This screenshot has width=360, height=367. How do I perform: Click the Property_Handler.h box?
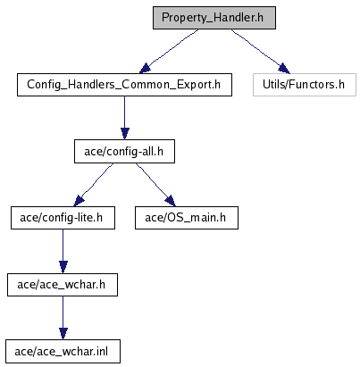coord(214,18)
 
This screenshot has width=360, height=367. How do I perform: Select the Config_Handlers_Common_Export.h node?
coord(124,85)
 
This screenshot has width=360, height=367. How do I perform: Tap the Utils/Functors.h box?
coord(305,85)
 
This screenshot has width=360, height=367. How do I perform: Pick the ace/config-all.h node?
coord(124,152)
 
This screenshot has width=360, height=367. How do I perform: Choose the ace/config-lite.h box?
coord(63,218)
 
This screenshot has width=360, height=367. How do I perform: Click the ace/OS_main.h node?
coord(187,218)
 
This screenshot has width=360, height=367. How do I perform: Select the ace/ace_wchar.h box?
coord(63,285)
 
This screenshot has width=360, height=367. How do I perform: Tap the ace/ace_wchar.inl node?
coord(63,352)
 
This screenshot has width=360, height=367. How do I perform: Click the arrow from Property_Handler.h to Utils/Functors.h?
coord(260,51)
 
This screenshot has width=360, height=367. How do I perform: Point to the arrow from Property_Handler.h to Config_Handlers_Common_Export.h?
coord(170,50)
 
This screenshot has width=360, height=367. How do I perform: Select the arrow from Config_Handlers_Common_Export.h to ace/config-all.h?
coord(125,118)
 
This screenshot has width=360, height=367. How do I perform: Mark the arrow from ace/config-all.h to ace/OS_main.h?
coord(155,185)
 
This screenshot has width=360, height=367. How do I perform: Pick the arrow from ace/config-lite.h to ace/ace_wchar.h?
coord(63,251)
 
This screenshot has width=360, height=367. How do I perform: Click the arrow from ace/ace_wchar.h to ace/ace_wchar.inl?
coord(63,318)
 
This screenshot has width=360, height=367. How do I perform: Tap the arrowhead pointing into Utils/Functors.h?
coord(284,69)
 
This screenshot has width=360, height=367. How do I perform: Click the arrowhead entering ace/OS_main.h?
coord(171,201)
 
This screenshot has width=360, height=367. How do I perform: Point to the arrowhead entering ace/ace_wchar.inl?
coord(63,334)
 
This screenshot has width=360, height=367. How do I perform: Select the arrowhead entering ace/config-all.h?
coord(125,134)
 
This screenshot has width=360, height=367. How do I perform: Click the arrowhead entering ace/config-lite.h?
coord(79,201)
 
